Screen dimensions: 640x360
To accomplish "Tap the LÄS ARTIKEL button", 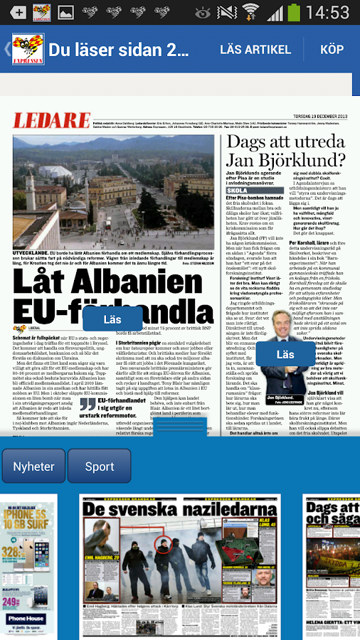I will (x=255, y=49).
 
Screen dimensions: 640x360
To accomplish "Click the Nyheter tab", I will (x=34, y=466).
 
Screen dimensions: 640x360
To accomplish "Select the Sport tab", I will (x=100, y=466).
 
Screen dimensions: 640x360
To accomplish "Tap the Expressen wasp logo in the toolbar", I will (x=27, y=49).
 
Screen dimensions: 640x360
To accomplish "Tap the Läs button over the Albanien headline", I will (x=112, y=320).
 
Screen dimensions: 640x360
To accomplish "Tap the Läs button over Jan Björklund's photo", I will (x=285, y=354).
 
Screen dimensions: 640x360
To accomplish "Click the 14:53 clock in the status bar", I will (x=329, y=12).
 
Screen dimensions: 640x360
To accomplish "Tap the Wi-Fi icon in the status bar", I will (x=250, y=12).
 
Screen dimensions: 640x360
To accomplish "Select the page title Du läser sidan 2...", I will (x=119, y=49).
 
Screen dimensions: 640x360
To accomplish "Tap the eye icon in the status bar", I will (x=203, y=12).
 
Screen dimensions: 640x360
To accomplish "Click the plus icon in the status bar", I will (x=19, y=12).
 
